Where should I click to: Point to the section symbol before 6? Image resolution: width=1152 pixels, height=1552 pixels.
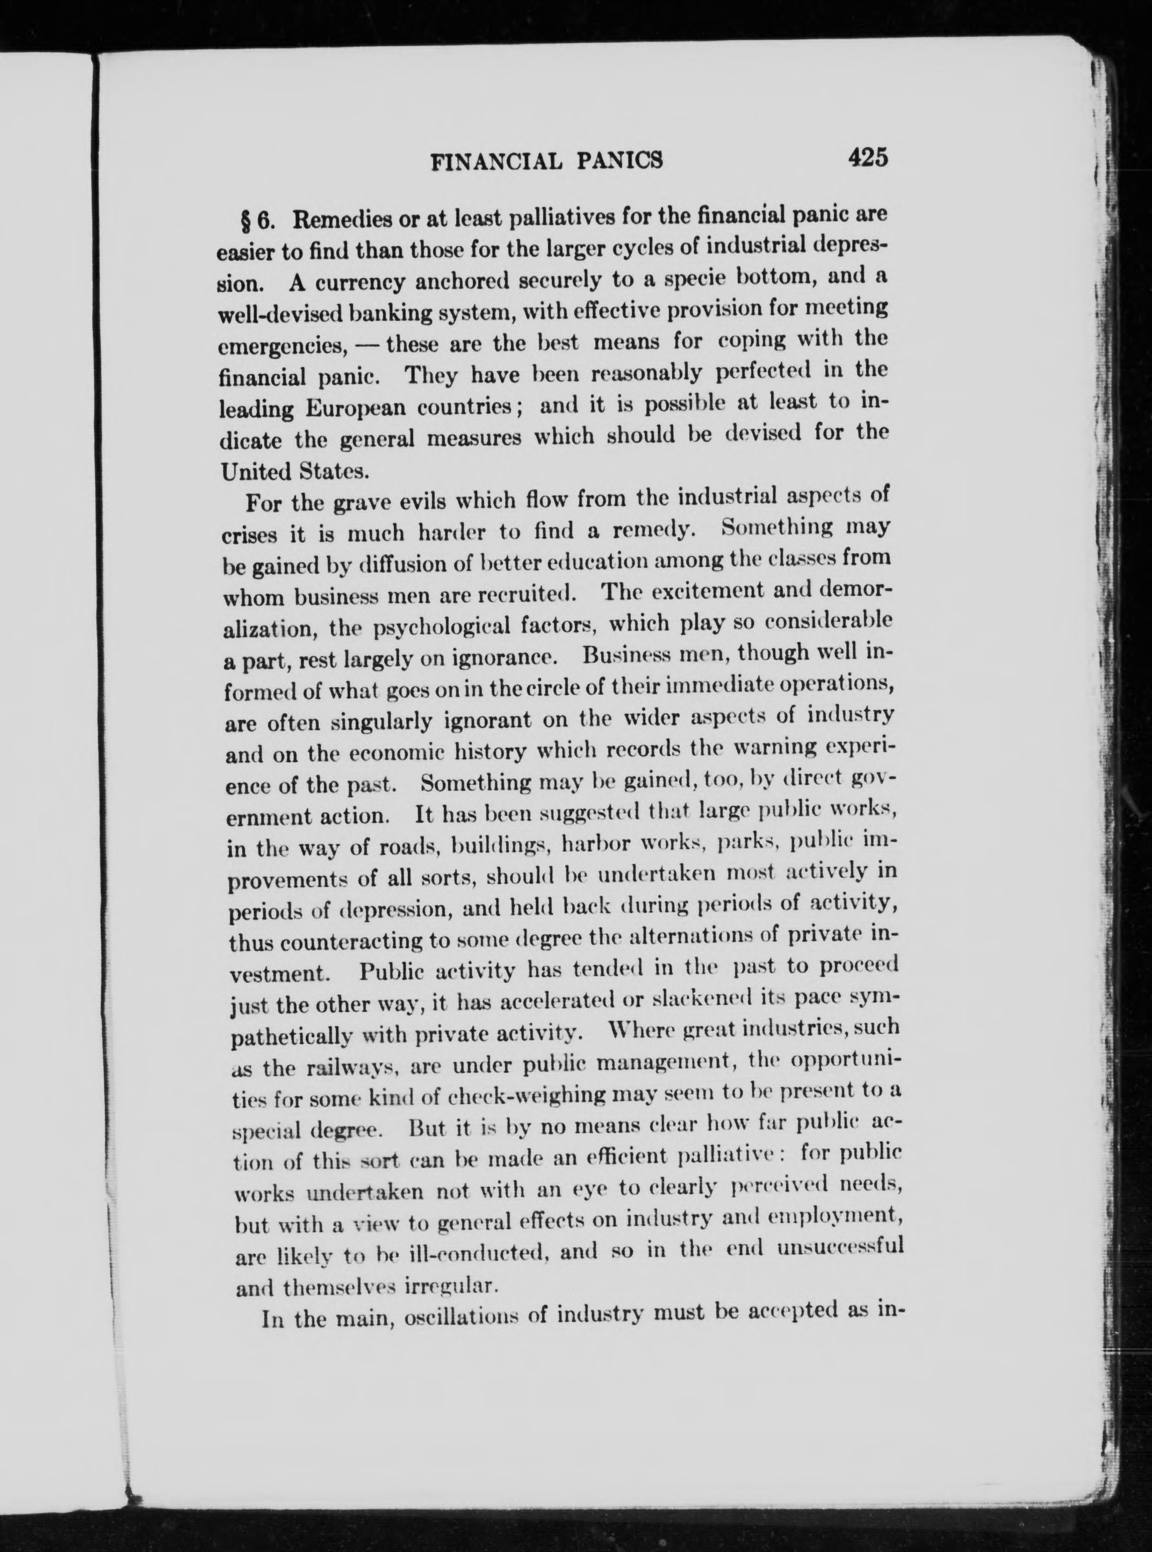[x=246, y=220]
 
